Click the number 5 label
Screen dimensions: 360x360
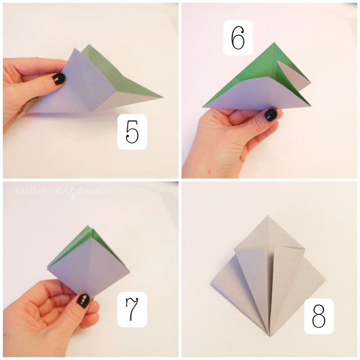click(132, 132)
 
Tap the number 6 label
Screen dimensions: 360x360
click(238, 38)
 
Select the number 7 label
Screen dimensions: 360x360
click(132, 309)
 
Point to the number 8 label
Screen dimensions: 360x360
click(319, 316)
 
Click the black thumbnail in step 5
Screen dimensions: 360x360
click(58, 79)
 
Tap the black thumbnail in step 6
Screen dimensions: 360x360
click(271, 115)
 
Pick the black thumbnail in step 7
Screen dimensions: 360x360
click(84, 300)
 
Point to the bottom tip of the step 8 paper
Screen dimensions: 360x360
click(270, 336)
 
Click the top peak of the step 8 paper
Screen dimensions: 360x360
click(267, 216)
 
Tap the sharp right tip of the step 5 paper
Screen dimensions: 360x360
click(163, 97)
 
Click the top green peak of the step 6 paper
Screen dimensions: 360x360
click(274, 43)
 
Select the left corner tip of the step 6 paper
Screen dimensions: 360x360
click(203, 107)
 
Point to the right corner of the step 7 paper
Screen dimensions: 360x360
click(129, 272)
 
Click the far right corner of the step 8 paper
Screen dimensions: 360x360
click(325, 280)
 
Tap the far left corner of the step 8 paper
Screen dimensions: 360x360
click(211, 285)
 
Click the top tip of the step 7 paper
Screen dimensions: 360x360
click(88, 226)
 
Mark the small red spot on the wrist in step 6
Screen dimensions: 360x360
click(209, 171)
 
